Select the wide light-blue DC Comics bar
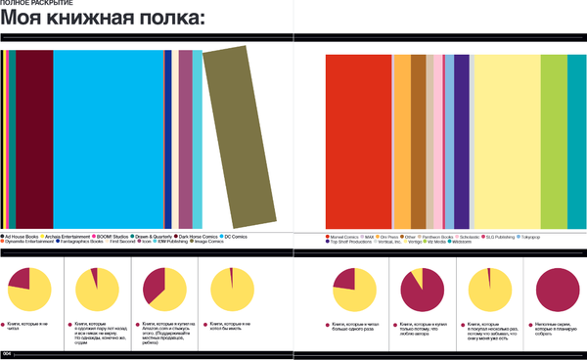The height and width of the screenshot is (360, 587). coord(108,138)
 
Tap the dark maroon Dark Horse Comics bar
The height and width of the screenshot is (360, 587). coord(34,138)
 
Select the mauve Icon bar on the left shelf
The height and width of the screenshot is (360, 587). coord(185,138)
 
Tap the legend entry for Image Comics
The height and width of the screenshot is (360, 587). coord(207,241)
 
